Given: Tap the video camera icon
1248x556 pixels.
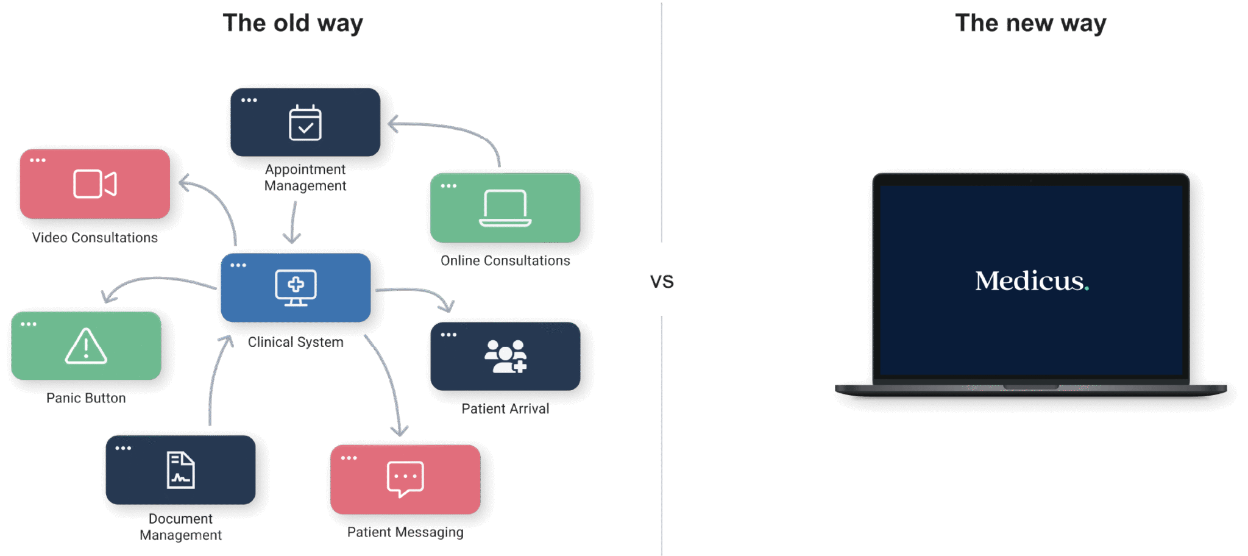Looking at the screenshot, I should [94, 184].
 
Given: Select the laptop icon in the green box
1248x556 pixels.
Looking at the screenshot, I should [505, 208].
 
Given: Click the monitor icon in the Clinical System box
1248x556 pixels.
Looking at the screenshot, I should [296, 287].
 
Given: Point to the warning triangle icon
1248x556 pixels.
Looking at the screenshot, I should [86, 346].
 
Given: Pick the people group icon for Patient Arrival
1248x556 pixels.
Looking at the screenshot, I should [505, 357].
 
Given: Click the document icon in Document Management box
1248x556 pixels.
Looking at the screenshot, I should [180, 470].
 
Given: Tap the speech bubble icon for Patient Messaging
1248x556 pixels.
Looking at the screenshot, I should [405, 479].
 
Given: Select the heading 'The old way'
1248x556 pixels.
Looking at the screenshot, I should [294, 23].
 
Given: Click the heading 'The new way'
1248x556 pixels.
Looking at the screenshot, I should [1030, 23].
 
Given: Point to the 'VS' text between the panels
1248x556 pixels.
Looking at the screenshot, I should [662, 281].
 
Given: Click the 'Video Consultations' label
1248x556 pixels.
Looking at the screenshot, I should [95, 237].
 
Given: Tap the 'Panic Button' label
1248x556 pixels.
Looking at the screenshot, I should [86, 398].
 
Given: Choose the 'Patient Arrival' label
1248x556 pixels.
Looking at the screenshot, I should [505, 408].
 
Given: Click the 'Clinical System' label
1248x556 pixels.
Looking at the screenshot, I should [296, 342].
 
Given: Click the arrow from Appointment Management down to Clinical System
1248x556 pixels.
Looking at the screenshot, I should [294, 223].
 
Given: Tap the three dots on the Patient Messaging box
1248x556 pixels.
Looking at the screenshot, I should [349, 458].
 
